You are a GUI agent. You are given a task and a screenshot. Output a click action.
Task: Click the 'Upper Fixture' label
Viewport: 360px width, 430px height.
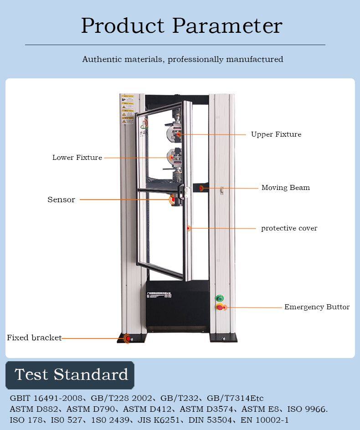pos(276,134)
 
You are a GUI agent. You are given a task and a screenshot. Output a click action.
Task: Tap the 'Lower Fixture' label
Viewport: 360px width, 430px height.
pos(77,158)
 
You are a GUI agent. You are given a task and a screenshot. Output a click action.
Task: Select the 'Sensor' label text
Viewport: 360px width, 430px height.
pos(61,200)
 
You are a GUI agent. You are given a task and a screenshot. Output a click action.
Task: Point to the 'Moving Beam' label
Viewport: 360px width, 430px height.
pos(285,188)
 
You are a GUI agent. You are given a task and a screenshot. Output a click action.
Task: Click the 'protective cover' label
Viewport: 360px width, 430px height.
pos(289,228)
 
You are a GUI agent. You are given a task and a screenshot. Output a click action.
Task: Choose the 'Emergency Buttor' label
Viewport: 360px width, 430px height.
pos(317,307)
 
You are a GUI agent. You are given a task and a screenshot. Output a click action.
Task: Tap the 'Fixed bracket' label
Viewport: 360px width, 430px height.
pos(34,338)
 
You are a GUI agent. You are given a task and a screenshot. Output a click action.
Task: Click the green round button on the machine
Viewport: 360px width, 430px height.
pos(220,298)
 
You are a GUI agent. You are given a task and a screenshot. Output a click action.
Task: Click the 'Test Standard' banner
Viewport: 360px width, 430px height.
pos(71,375)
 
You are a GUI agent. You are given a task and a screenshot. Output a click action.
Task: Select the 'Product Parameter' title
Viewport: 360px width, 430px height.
pos(181,26)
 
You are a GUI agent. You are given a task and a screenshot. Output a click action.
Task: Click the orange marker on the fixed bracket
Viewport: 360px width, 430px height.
pos(127,338)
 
